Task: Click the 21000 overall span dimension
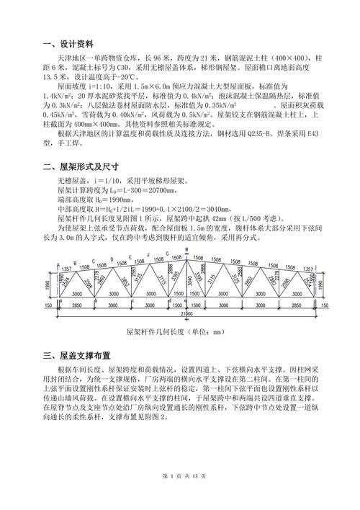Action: [x=186, y=313]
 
